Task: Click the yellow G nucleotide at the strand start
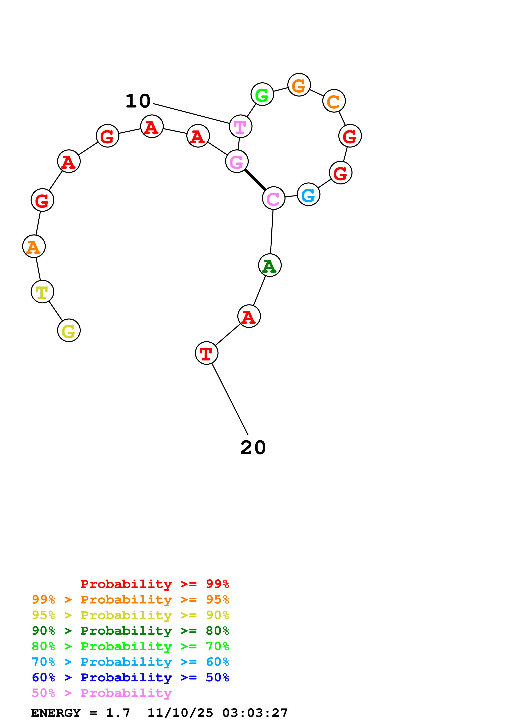(69, 330)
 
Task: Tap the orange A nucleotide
(34, 246)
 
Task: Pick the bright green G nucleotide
(262, 94)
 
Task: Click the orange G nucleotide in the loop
(299, 85)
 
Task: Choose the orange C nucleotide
(334, 101)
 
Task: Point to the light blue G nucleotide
(309, 194)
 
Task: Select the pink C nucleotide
(274, 198)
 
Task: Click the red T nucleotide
(207, 353)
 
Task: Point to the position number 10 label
(138, 101)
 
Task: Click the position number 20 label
(253, 447)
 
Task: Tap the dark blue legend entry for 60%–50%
(130, 677)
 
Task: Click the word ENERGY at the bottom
(56, 713)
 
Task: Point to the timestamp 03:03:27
(255, 713)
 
